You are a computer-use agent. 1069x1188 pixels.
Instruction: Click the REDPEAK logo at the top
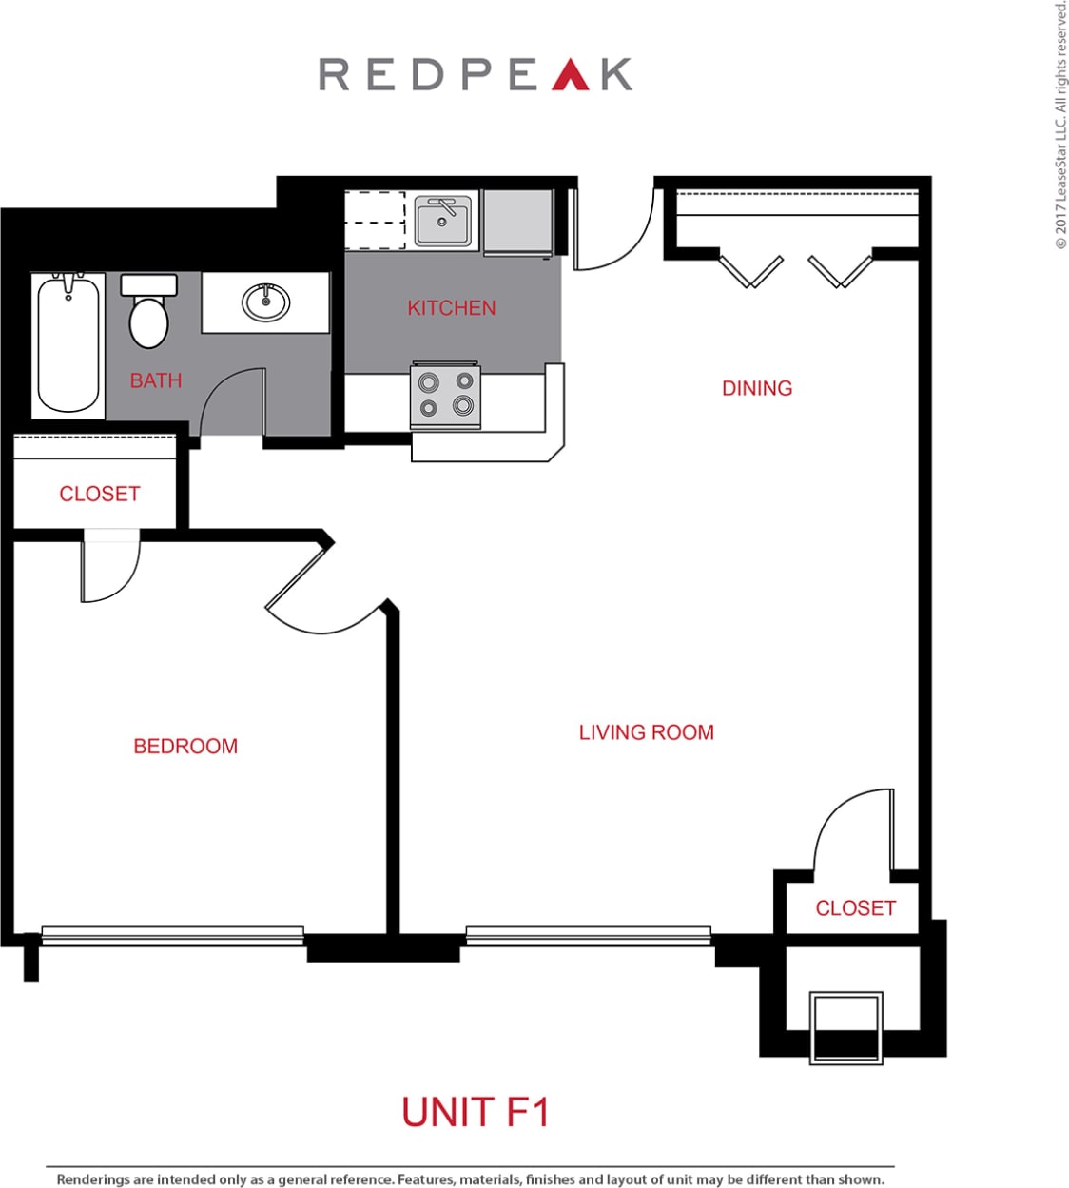[x=475, y=74]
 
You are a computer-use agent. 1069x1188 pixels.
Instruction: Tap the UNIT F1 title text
[x=475, y=1112]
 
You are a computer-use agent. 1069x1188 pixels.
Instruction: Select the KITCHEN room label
[x=451, y=308]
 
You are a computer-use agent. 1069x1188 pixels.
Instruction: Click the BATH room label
[x=156, y=380]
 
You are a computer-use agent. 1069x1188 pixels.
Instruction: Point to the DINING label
[x=756, y=388]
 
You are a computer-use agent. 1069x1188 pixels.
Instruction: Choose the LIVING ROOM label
[x=646, y=732]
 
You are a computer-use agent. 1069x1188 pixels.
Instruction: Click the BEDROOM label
[x=185, y=746]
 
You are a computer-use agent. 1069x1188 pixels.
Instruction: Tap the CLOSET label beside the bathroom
[x=99, y=494]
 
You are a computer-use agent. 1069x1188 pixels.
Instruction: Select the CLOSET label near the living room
[x=855, y=908]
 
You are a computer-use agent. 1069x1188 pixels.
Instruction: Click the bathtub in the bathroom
[x=68, y=344]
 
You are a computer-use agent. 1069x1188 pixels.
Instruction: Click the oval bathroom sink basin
[x=266, y=302]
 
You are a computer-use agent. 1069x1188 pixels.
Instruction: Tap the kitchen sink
[x=442, y=222]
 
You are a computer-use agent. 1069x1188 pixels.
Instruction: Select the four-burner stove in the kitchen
[x=445, y=396]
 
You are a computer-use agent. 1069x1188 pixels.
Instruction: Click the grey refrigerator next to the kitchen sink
[x=517, y=222]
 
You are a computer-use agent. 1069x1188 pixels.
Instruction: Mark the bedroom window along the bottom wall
[x=172, y=935]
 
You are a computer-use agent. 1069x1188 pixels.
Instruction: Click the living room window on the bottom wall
[x=588, y=935]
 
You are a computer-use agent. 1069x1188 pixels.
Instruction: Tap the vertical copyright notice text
[x=1060, y=124]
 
